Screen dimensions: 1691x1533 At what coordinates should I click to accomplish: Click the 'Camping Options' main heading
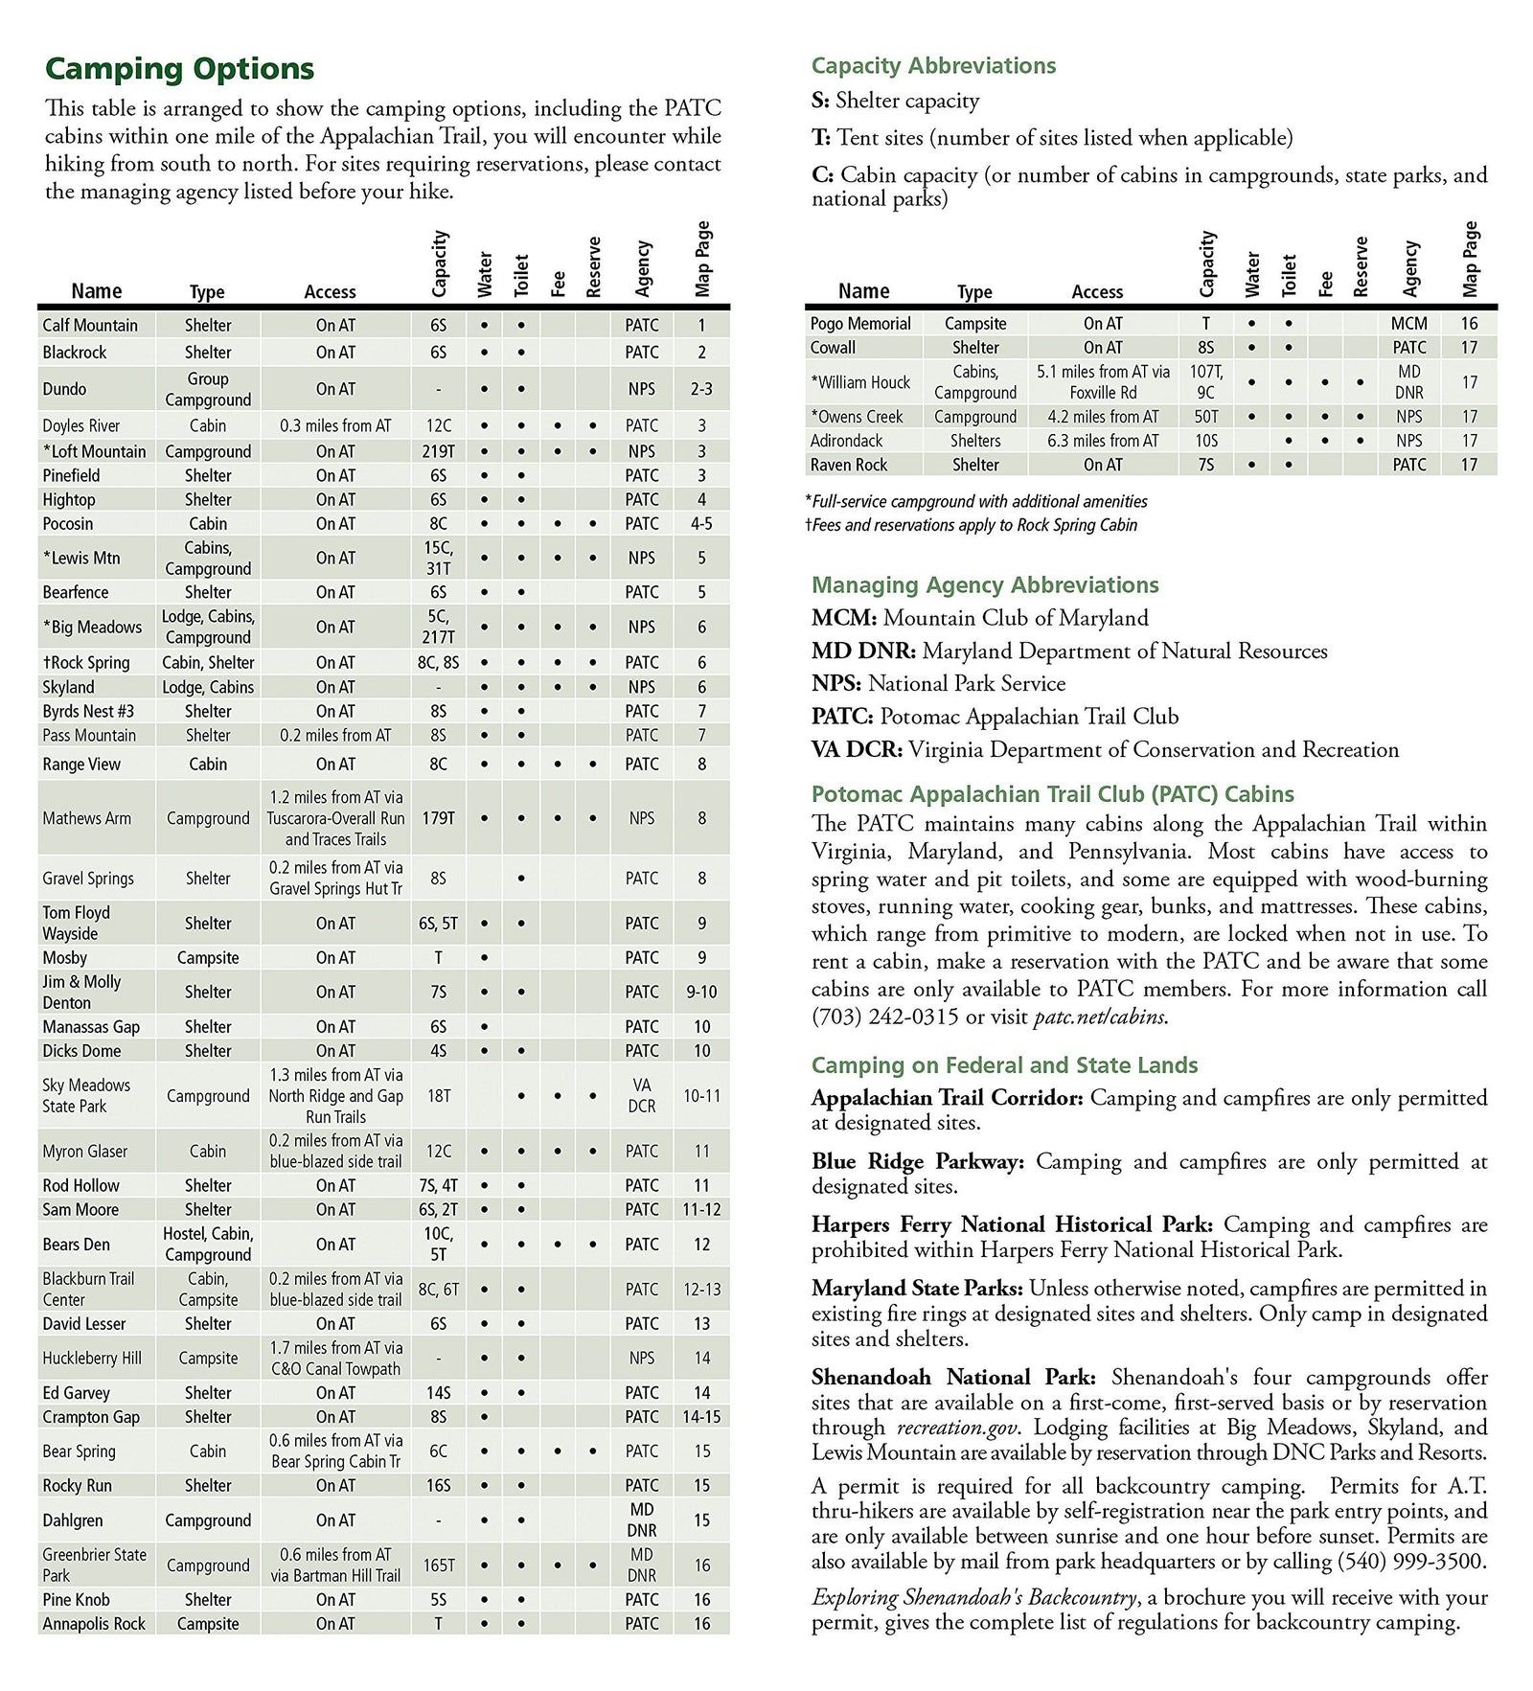click(179, 69)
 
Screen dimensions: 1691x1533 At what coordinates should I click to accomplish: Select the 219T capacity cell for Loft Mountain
click(439, 451)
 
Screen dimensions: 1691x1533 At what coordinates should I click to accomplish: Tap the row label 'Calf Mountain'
click(90, 326)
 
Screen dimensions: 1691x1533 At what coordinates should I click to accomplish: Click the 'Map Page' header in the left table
click(703, 259)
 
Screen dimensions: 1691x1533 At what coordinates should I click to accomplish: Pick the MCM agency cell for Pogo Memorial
click(1408, 324)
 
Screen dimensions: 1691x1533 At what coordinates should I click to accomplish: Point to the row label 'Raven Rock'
click(849, 465)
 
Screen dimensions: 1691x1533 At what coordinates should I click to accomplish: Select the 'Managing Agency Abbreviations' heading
click(984, 585)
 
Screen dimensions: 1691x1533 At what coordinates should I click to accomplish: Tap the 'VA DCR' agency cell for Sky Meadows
click(642, 1095)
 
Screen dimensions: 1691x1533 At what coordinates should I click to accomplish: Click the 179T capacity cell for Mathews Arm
click(439, 818)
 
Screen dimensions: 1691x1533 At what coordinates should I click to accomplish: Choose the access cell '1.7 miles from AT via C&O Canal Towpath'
click(335, 1359)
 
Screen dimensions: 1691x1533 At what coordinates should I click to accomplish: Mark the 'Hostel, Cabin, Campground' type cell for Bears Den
click(208, 1244)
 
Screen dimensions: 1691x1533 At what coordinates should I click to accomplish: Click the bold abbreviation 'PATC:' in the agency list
click(842, 717)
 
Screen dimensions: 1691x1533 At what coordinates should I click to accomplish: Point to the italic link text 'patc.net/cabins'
click(1099, 1017)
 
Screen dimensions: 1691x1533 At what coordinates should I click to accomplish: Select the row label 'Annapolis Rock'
click(94, 1623)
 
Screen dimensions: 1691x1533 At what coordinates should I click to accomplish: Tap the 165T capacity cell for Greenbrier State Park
click(439, 1565)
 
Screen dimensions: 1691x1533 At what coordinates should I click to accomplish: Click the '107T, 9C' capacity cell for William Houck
click(1205, 382)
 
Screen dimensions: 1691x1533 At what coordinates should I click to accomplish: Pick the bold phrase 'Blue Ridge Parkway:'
click(917, 1162)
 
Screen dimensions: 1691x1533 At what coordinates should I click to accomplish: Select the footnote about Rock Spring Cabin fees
click(972, 525)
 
